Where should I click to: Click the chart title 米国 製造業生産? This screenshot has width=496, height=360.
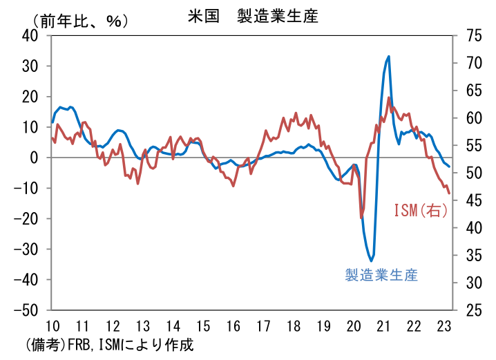pyautogui.click(x=253, y=16)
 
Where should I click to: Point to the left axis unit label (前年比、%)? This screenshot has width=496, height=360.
pyautogui.click(x=76, y=21)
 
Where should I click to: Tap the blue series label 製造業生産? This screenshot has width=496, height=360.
pyautogui.click(x=381, y=274)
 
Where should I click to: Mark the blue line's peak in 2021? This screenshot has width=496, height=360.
pyautogui.click(x=389, y=57)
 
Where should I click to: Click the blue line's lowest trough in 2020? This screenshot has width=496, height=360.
pyautogui.click(x=372, y=260)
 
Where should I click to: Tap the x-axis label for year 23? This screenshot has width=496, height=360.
pyautogui.click(x=445, y=326)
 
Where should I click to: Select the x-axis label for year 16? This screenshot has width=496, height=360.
pyautogui.click(x=233, y=326)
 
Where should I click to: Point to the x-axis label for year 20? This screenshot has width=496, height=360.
pyautogui.click(x=354, y=326)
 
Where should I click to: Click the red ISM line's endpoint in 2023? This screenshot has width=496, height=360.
pyautogui.click(x=450, y=193)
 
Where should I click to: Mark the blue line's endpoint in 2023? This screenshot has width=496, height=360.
pyautogui.click(x=450, y=167)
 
